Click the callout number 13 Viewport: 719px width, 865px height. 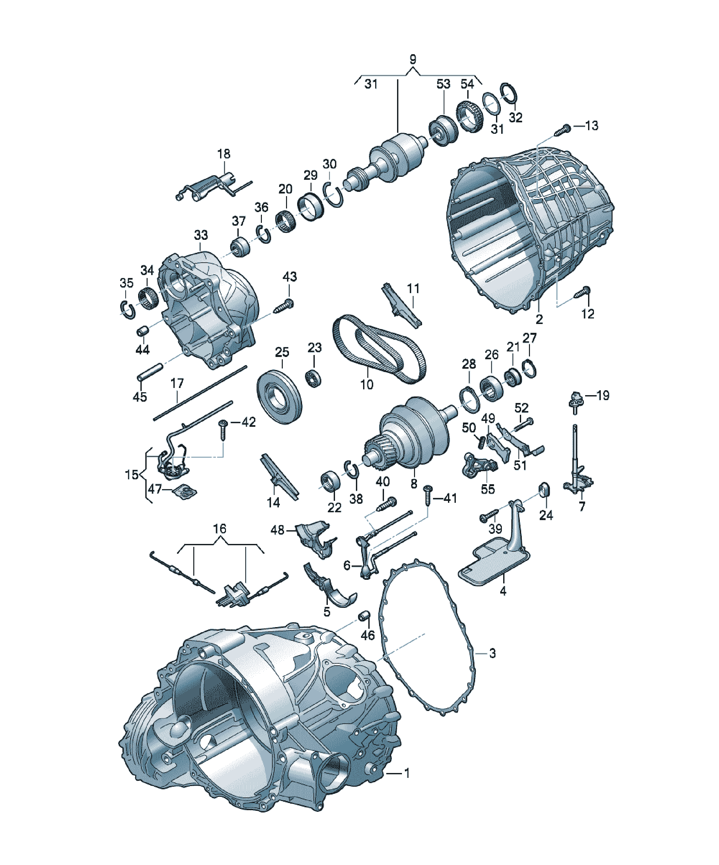click(591, 125)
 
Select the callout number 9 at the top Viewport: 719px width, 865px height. click(413, 59)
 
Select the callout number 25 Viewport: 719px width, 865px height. click(282, 352)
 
